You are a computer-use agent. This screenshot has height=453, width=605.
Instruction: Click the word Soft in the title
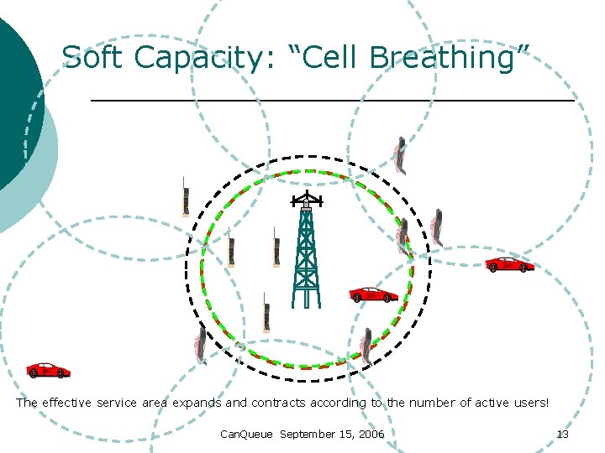point(93,58)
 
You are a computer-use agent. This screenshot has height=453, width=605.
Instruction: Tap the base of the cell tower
point(306,298)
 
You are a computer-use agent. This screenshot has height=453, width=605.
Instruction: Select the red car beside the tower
point(373,294)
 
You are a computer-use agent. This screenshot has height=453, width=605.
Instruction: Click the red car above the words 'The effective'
point(48,370)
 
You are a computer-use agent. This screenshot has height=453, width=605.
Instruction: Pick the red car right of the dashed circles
point(509,264)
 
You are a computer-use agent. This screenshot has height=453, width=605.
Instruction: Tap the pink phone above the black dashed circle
point(402,154)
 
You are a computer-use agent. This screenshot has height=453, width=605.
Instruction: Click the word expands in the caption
point(197,403)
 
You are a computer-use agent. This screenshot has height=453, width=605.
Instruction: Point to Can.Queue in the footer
point(246,434)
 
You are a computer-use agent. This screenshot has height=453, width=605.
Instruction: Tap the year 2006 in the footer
point(371,434)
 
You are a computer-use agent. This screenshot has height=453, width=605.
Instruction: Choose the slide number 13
point(563,434)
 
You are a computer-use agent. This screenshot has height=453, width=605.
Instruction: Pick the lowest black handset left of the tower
point(266,313)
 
